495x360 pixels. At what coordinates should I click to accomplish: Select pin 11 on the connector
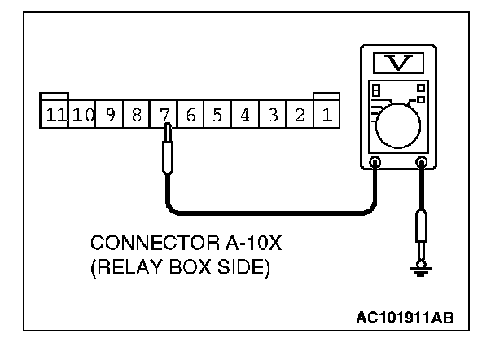point(55,114)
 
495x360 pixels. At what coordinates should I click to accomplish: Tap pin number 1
point(326,114)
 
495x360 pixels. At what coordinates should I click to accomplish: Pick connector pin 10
point(82,114)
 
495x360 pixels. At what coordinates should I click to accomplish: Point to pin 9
point(109,114)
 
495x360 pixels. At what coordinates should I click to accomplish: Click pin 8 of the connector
point(136,114)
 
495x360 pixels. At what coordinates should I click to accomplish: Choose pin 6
point(191,114)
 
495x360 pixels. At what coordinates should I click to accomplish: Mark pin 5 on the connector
point(217,114)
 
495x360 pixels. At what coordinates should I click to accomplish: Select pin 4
point(245,114)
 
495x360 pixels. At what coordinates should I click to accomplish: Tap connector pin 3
point(273,114)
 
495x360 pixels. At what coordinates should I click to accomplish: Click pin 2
point(300,114)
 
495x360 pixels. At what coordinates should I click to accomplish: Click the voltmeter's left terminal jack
point(375,162)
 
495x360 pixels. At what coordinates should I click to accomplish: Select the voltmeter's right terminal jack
point(421,162)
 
